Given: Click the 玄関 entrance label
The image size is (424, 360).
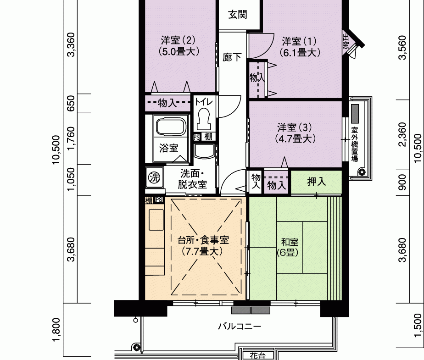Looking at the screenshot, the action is tap(238, 15).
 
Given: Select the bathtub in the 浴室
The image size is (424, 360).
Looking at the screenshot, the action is tap(171, 127).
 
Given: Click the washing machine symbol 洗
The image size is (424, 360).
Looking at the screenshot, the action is tap(155, 177).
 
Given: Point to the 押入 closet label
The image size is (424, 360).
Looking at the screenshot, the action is tap(316, 182).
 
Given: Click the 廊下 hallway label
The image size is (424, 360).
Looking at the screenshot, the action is tap(232, 57).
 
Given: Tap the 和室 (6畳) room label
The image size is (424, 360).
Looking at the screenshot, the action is tap(288, 247).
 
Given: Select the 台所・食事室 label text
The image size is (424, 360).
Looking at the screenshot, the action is tap(203, 240).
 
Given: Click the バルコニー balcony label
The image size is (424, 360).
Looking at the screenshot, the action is tap(240, 327).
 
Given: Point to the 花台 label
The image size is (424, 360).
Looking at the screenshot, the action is tap(257, 356).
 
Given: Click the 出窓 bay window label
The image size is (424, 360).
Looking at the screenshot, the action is tap(346, 41).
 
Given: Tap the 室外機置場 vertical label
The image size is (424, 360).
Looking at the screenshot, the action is tap(354, 144).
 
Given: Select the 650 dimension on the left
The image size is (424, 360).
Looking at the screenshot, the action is tap(71, 103).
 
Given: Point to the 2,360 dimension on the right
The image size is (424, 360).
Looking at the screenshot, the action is tap(402, 134).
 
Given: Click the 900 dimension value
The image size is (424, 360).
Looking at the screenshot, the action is tap(402, 182).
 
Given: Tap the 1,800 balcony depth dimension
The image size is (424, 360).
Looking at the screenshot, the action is tap(56, 330).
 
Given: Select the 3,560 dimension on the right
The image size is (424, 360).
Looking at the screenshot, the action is tap(402, 48).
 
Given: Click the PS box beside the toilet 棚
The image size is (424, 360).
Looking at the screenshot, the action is tap(196, 137).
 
